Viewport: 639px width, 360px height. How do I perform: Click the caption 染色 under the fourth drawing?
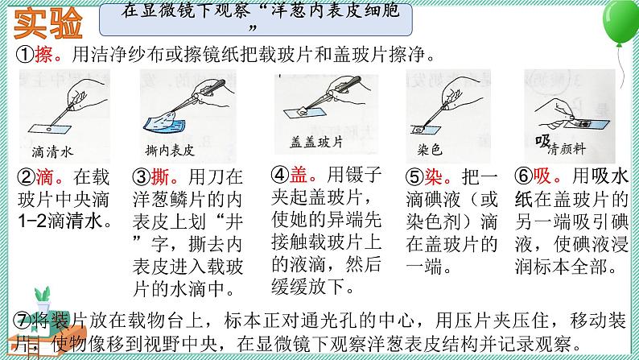(x=429, y=151)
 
